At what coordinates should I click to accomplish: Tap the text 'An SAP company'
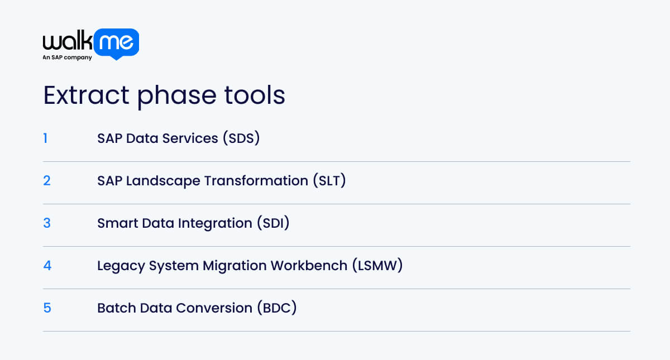pos(67,57)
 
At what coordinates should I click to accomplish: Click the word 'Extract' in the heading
pos(87,95)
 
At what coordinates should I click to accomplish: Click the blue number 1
pos(45,138)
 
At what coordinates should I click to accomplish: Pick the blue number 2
pos(47,180)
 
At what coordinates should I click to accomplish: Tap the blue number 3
pos(47,223)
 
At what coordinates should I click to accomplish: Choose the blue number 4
pos(47,265)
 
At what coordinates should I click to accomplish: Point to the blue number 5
pos(47,308)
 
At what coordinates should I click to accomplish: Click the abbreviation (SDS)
pos(241,138)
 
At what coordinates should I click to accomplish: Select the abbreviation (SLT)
pos(329,181)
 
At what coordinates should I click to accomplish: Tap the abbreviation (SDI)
pos(273,223)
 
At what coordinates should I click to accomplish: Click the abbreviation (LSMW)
pos(377,266)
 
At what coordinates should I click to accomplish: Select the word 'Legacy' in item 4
pos(121,266)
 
